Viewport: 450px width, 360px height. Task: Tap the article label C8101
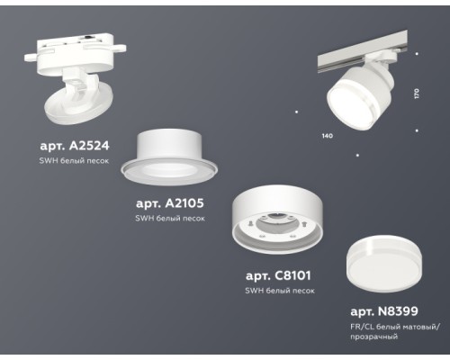point(281,276)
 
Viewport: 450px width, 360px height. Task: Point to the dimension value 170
point(416,94)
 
